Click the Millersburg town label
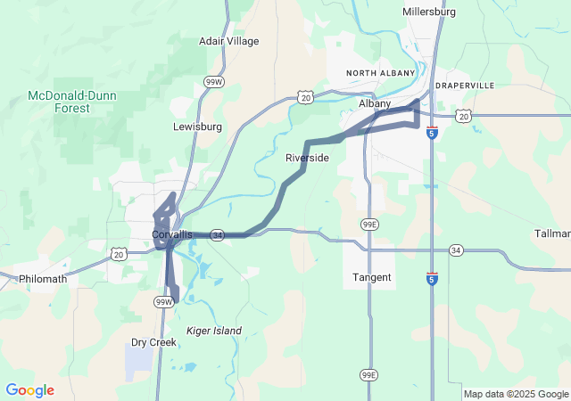pyautogui.click(x=429, y=12)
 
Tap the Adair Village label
pyautogui.click(x=229, y=41)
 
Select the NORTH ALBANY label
pyautogui.click(x=381, y=73)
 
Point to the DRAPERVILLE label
pyautogui.click(x=464, y=86)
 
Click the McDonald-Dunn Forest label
pyautogui.click(x=59, y=102)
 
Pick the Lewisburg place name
pyautogui.click(x=197, y=127)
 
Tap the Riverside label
pyautogui.click(x=307, y=158)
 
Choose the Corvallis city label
pyautogui.click(x=171, y=234)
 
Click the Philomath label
pyautogui.click(x=43, y=279)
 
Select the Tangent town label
pyautogui.click(x=372, y=277)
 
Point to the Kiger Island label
pyautogui.click(x=214, y=331)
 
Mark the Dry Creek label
pyautogui.click(x=153, y=342)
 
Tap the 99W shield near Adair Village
pyautogui.click(x=213, y=82)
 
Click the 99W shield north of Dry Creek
pyautogui.click(x=163, y=302)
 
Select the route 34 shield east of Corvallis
pyautogui.click(x=218, y=235)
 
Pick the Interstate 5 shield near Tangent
pyautogui.click(x=432, y=278)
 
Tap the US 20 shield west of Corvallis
pyautogui.click(x=120, y=254)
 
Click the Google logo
pyautogui.click(x=29, y=390)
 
